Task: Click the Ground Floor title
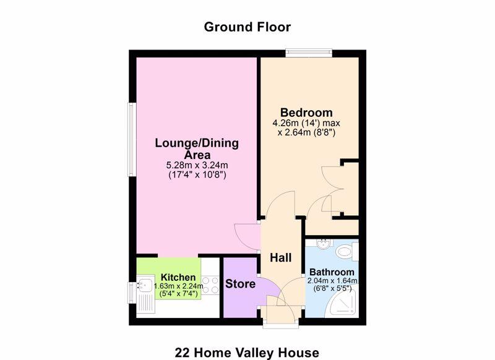point(247,27)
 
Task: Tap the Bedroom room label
point(306,113)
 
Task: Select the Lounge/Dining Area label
point(197,149)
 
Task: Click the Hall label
point(281,258)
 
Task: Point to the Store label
point(240,284)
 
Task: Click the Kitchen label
point(178,277)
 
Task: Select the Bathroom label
point(332,272)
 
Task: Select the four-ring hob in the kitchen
point(210,285)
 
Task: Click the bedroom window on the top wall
point(309,53)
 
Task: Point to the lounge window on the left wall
point(132,139)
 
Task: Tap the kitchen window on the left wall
point(132,293)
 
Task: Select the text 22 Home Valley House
point(247,353)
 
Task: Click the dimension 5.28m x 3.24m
point(197,165)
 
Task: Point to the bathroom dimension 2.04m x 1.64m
point(332,280)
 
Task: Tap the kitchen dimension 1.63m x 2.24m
point(179,286)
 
